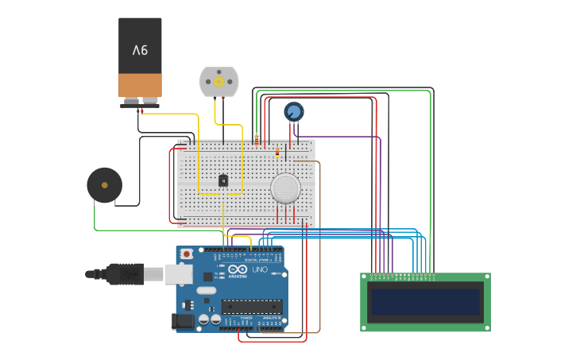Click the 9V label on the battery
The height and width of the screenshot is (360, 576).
(x=140, y=50)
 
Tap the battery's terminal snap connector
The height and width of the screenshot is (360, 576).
(x=140, y=102)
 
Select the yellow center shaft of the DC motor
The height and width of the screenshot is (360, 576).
(x=218, y=81)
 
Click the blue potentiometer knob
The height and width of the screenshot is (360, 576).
(x=294, y=111)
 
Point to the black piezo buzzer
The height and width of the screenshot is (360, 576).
(x=104, y=185)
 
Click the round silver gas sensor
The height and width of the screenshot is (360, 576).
(x=285, y=188)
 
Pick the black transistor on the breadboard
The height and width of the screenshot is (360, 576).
(x=223, y=180)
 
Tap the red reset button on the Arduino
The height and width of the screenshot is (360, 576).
(x=187, y=254)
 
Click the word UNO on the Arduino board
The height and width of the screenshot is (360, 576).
(x=259, y=269)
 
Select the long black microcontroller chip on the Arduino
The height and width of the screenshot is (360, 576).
(x=252, y=307)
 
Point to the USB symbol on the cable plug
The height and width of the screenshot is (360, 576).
(x=130, y=273)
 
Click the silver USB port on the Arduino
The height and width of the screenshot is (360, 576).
(x=179, y=274)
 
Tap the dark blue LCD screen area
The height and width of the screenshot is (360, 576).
(x=425, y=302)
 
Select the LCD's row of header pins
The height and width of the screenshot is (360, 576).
(x=399, y=277)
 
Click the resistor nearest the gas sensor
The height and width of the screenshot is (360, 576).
(x=276, y=153)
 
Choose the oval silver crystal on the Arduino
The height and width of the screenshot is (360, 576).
(x=206, y=290)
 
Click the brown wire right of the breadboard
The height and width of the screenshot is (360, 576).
(x=319, y=238)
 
